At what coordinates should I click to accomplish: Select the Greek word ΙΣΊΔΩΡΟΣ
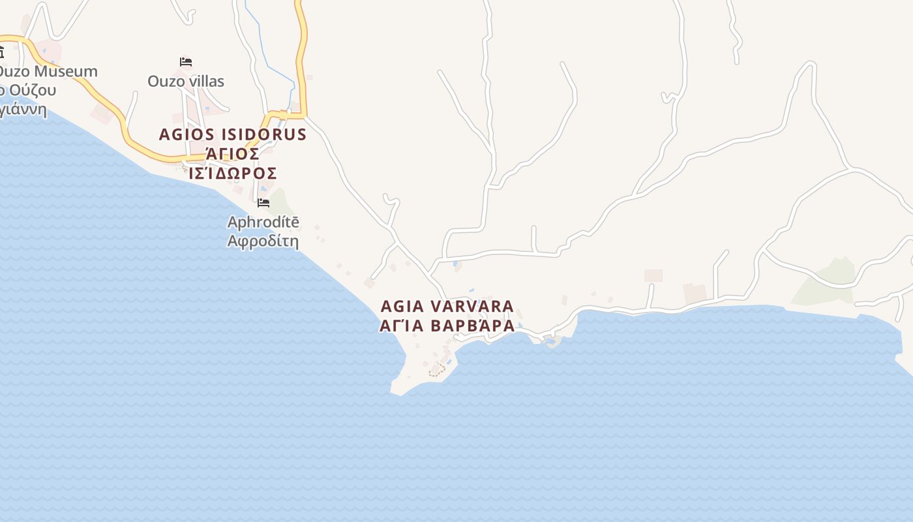point(233,174)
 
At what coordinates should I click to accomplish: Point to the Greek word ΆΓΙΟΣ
point(233,155)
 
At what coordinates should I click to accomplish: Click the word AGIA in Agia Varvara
point(403,306)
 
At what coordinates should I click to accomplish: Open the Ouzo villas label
point(186,82)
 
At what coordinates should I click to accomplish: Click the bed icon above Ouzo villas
point(186,62)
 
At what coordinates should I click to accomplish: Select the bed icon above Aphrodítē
point(263,203)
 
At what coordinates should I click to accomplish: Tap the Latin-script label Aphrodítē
point(263,222)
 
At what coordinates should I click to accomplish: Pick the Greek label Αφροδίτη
point(263,241)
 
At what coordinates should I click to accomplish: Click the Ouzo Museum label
point(49,71)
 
